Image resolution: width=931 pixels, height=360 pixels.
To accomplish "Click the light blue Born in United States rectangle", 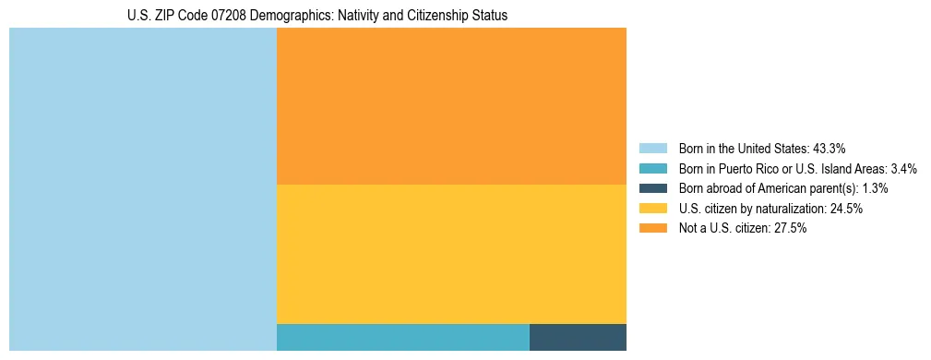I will [x=143, y=189].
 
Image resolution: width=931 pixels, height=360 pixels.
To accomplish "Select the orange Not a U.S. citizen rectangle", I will [x=451, y=106].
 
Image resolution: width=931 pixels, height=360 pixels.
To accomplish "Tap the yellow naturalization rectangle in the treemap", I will [x=451, y=254].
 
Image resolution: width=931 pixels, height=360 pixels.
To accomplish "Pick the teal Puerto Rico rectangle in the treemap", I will [x=402, y=337].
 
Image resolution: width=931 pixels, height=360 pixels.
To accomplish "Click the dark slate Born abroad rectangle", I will [x=578, y=337].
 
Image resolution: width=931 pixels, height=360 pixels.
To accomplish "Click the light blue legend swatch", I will [x=653, y=148].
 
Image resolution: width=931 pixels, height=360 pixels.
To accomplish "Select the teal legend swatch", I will [x=653, y=168].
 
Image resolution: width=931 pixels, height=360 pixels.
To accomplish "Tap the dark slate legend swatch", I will [x=653, y=188].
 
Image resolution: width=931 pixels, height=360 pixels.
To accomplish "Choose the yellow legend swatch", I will [x=653, y=209].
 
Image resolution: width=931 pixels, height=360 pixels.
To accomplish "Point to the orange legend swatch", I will [x=653, y=229].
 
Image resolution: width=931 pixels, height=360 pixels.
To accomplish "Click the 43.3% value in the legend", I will [x=830, y=148].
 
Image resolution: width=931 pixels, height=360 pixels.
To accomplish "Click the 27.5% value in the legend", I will [x=791, y=229].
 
